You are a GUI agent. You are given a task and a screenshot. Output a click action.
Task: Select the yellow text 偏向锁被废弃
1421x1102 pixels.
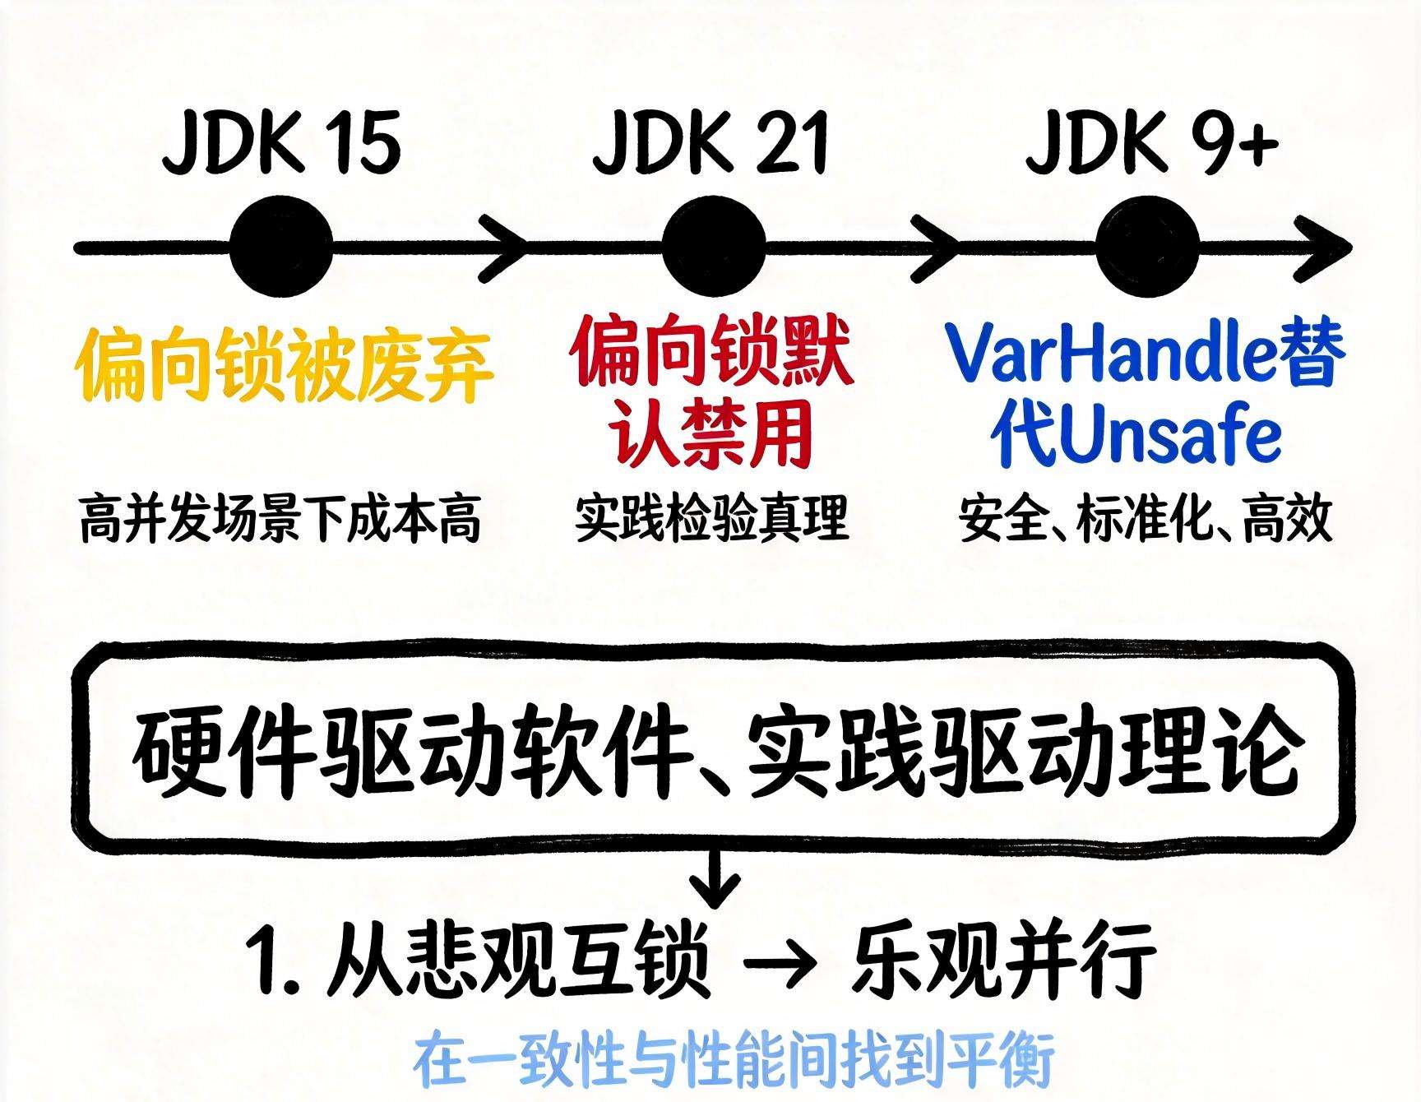coord(284,366)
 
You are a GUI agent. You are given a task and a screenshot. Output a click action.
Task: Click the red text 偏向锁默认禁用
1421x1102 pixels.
coord(712,395)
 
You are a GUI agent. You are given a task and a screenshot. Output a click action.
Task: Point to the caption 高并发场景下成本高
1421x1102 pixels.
coord(280,518)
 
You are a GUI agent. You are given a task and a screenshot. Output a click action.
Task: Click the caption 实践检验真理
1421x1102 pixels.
coord(711,518)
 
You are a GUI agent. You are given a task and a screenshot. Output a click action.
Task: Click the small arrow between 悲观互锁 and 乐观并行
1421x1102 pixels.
coord(780,962)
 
